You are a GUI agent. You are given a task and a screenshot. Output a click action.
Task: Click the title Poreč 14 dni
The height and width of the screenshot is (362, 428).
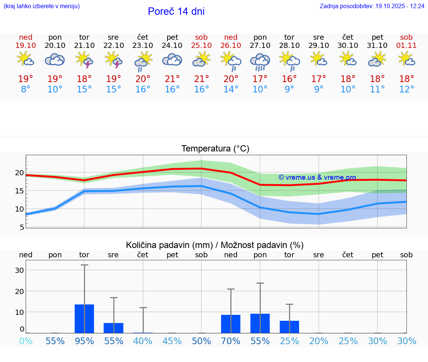pyautogui.click(x=176, y=12)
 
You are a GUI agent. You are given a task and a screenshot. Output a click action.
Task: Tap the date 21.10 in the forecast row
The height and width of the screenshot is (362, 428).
pyautogui.click(x=84, y=46)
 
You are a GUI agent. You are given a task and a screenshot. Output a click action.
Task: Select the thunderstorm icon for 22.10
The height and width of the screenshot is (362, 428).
pyautogui.click(x=114, y=59)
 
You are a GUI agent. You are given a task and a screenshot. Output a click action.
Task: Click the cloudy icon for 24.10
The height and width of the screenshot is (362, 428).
pyautogui.click(x=172, y=59)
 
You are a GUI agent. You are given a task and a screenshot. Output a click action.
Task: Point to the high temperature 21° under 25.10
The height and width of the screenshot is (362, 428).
pyautogui.click(x=201, y=79)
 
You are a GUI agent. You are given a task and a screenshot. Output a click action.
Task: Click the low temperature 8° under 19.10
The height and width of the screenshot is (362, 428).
pyautogui.click(x=26, y=89)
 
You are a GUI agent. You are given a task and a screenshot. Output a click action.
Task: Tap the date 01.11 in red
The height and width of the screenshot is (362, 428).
pyautogui.click(x=406, y=46)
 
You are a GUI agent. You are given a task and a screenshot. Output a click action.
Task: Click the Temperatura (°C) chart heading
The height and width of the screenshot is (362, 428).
pyautogui.click(x=215, y=149)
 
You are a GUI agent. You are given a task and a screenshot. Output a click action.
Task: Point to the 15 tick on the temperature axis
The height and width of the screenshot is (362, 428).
pyautogui.click(x=20, y=191)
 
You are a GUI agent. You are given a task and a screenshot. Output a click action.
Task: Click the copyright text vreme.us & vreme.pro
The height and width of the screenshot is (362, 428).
pyautogui.click(x=317, y=177)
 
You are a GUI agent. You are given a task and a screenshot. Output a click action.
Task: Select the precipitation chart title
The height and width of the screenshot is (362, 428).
pyautogui.click(x=215, y=245)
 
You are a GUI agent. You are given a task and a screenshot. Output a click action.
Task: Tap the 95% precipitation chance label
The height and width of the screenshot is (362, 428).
pyautogui.click(x=84, y=341)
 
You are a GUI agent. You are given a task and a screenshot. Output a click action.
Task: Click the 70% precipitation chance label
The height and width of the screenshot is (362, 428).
pyautogui.click(x=231, y=341)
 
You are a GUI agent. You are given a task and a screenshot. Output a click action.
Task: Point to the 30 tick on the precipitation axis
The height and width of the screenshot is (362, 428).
pyautogui.click(x=19, y=270)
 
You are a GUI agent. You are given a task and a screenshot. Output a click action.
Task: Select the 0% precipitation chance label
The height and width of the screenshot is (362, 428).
pyautogui.click(x=26, y=341)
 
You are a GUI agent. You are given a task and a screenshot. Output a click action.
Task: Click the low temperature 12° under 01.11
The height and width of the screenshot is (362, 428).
pyautogui.click(x=406, y=89)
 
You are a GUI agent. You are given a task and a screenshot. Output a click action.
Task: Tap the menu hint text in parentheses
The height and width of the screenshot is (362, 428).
pyautogui.click(x=41, y=6)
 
